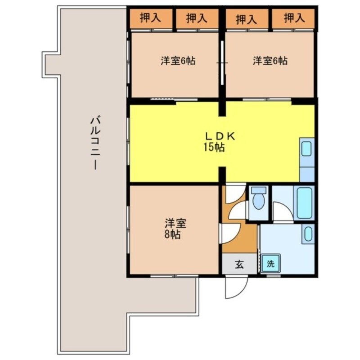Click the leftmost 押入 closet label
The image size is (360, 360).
(x=150, y=18)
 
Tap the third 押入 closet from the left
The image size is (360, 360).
(x=246, y=19)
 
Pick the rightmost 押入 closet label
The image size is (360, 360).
(x=294, y=18)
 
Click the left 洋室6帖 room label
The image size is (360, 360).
(x=178, y=61)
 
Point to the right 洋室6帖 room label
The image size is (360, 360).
(x=270, y=61)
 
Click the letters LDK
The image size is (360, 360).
(x=220, y=136)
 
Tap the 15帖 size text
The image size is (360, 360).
(x=214, y=147)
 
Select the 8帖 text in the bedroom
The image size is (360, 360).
(x=173, y=234)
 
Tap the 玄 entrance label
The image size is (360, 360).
(x=239, y=265)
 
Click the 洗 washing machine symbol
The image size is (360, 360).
(x=270, y=264)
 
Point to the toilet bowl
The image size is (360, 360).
(x=258, y=201)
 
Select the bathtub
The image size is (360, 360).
(x=304, y=203)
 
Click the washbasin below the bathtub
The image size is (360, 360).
(x=308, y=234)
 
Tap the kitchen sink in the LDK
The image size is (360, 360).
(x=306, y=149)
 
